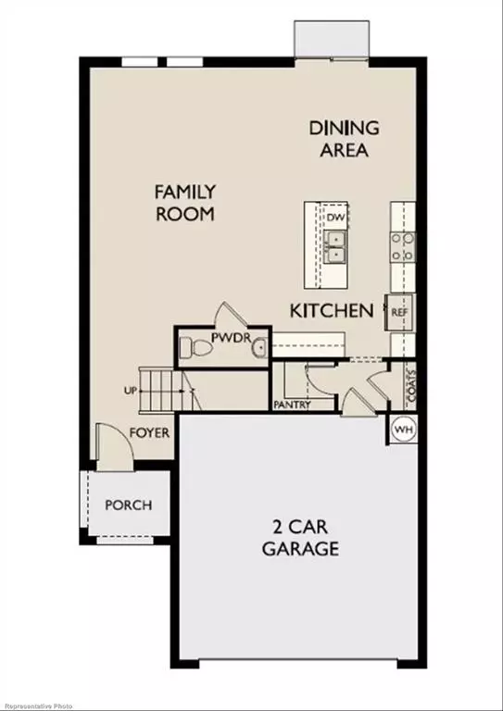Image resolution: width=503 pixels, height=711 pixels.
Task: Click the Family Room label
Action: (x=184, y=203)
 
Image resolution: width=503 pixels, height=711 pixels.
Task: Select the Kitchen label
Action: (x=333, y=311)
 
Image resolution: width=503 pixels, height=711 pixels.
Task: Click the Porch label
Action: (x=128, y=505)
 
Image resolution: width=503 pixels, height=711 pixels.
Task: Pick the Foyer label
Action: (x=149, y=432)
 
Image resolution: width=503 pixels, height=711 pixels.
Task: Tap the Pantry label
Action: (x=292, y=405)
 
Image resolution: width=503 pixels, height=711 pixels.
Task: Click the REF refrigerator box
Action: (x=400, y=313)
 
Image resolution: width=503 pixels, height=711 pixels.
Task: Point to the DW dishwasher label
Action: (x=335, y=217)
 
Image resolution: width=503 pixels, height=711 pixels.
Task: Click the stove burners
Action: (x=402, y=245)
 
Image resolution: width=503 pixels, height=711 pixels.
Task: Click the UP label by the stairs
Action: (x=130, y=392)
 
